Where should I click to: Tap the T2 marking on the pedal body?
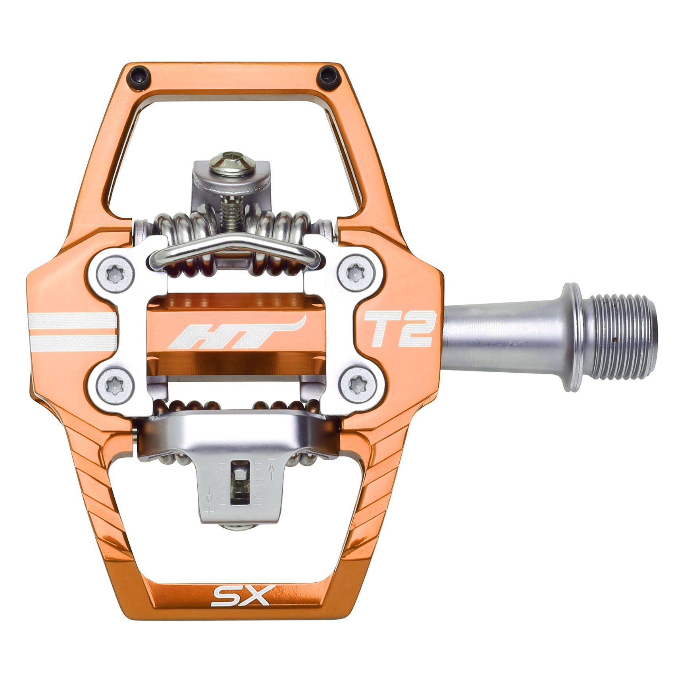398,329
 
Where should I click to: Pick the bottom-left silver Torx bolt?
115,384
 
